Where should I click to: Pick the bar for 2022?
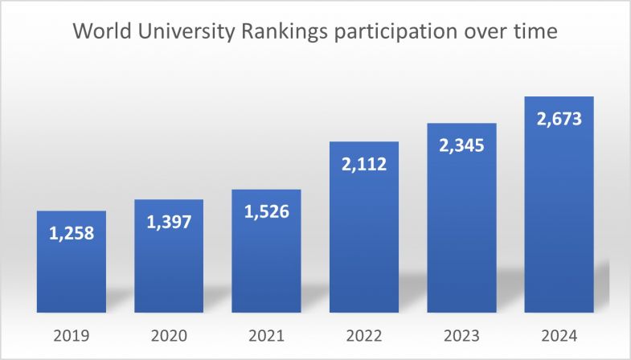point(364,241)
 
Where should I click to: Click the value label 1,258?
point(71,234)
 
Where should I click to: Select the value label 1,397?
point(168,223)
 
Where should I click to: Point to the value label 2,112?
point(364,165)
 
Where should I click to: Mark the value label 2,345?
point(461,146)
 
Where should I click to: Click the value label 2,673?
point(559,120)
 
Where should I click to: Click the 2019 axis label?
point(71,334)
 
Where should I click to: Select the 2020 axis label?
point(168,334)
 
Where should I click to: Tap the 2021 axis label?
point(266,334)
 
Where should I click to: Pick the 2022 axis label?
point(364,334)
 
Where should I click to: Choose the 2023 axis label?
point(461,334)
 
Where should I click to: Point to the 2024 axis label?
point(559,334)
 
